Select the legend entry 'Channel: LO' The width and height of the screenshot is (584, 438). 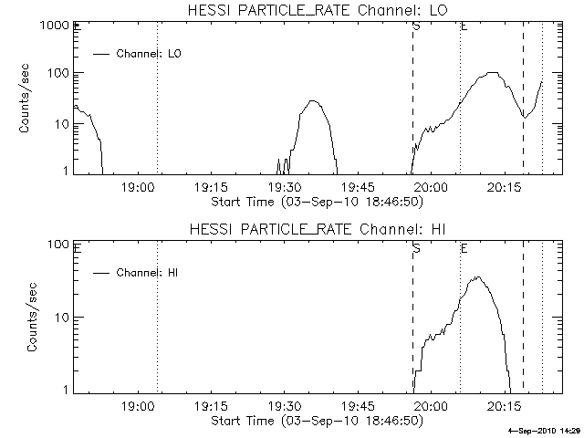(x=150, y=54)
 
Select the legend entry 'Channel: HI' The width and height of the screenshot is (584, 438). (x=150, y=272)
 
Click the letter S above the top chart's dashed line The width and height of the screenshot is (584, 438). (x=416, y=27)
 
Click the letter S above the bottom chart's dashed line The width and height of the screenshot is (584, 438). (x=416, y=247)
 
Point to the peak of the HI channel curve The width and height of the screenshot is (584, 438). (x=476, y=277)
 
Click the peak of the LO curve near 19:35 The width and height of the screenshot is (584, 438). (x=313, y=100)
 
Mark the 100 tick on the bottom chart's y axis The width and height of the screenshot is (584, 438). (x=61, y=245)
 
